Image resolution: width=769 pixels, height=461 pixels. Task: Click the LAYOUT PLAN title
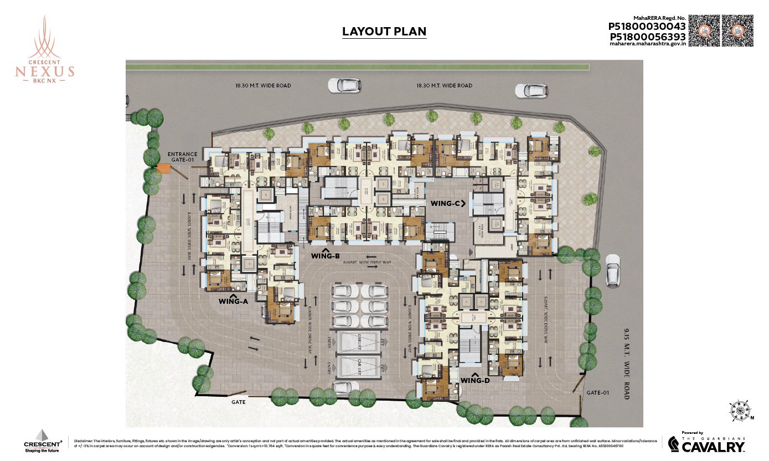(384, 32)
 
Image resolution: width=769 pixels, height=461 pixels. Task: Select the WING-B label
(325, 256)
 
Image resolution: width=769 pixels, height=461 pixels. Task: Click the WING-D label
(476, 380)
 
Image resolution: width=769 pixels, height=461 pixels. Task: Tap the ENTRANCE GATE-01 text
(182, 156)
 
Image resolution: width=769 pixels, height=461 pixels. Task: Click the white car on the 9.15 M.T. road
(612, 270)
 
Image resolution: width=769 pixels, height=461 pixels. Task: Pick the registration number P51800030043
(647, 26)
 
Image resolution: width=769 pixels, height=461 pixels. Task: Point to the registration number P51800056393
(647, 37)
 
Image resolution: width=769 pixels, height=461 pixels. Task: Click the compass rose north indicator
(739, 410)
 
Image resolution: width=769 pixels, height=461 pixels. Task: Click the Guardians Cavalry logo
(705, 443)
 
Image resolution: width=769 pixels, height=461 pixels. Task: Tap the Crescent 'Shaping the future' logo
(43, 441)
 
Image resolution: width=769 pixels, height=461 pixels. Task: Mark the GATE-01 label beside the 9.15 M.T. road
(598, 393)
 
